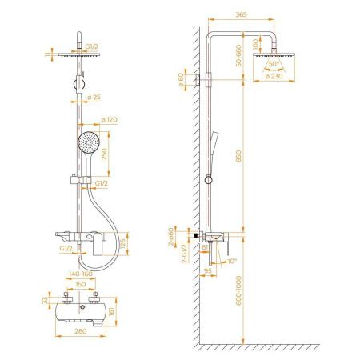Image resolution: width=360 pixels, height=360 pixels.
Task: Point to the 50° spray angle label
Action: (x=274, y=63)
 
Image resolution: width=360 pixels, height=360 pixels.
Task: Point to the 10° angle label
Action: (x=231, y=261)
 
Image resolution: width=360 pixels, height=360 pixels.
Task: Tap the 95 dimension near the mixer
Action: (x=207, y=270)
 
